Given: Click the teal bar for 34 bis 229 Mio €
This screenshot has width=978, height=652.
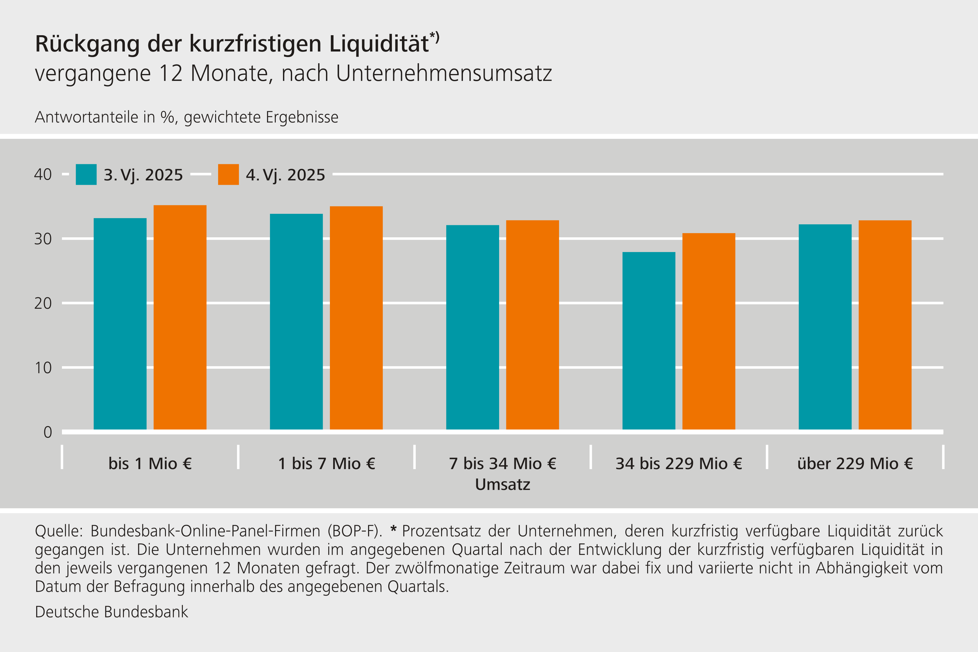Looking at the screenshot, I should (x=649, y=341).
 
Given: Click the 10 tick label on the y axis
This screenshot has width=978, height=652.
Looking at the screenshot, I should (x=43, y=368).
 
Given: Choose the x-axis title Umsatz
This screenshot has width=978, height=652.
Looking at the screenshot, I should (x=502, y=484).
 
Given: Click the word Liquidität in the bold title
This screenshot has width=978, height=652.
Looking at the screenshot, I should (x=379, y=44).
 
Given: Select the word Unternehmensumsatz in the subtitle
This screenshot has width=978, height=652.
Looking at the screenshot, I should (x=444, y=74).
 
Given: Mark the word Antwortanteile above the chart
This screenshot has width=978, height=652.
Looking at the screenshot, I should (x=86, y=117).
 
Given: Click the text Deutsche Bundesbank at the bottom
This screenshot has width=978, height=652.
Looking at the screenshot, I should (x=111, y=612).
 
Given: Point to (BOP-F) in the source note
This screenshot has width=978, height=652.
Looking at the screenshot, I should (x=354, y=531).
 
